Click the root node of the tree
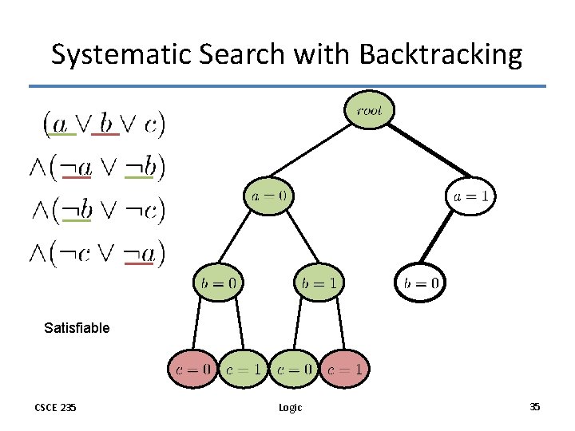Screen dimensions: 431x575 (369, 111)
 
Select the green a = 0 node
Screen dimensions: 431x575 (269, 196)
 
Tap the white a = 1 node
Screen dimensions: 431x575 (470, 196)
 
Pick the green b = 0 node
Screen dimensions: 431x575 (218, 282)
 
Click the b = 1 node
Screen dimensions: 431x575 (319, 282)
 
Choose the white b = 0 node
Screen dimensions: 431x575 (420, 282)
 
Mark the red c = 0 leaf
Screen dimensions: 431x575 (192, 369)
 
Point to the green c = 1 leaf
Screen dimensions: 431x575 (243, 369)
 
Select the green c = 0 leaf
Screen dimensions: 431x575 (294, 369)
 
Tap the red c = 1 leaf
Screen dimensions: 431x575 (344, 369)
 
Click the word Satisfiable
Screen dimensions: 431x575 (77, 327)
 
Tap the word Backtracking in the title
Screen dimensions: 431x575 (441, 54)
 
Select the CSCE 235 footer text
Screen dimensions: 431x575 (56, 407)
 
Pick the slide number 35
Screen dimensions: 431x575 (534, 407)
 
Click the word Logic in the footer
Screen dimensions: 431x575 (290, 407)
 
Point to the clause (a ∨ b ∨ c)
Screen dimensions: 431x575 (104, 123)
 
